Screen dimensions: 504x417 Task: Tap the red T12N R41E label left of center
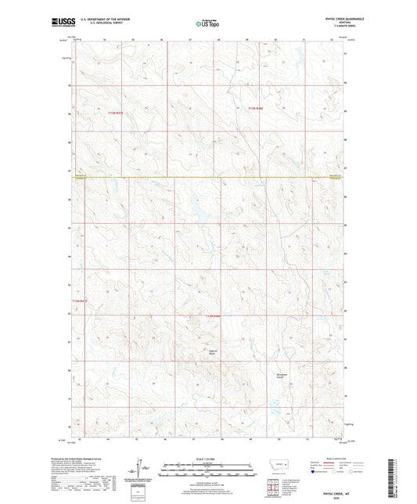pyautogui.click(x=77, y=300)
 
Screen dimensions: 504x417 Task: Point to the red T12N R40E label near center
pyautogui.click(x=213, y=315)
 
